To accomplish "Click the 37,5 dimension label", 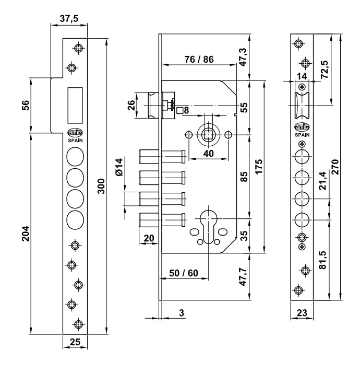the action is tap(69, 18).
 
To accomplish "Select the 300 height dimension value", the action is tap(101, 186).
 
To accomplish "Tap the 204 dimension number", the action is tap(26, 234).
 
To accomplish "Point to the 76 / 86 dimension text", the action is tap(199, 59).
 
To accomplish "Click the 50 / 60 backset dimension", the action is tap(184, 273).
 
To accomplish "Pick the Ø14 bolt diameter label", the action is tap(119, 167).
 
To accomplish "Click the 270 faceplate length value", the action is tap(335, 167).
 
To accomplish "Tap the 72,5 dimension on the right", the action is tap(325, 69).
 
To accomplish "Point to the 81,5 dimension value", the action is tap(322, 260).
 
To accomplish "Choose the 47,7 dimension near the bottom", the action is tap(243, 276).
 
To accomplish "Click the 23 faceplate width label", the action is tap(302, 312).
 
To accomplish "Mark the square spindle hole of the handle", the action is tap(208, 135).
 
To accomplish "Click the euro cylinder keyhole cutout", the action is tap(208, 226).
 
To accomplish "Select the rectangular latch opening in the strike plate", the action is tap(75, 105).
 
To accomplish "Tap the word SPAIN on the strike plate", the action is tap(75, 141).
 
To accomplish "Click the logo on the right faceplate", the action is tap(302, 127).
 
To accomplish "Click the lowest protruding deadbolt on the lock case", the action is tap(162, 219).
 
